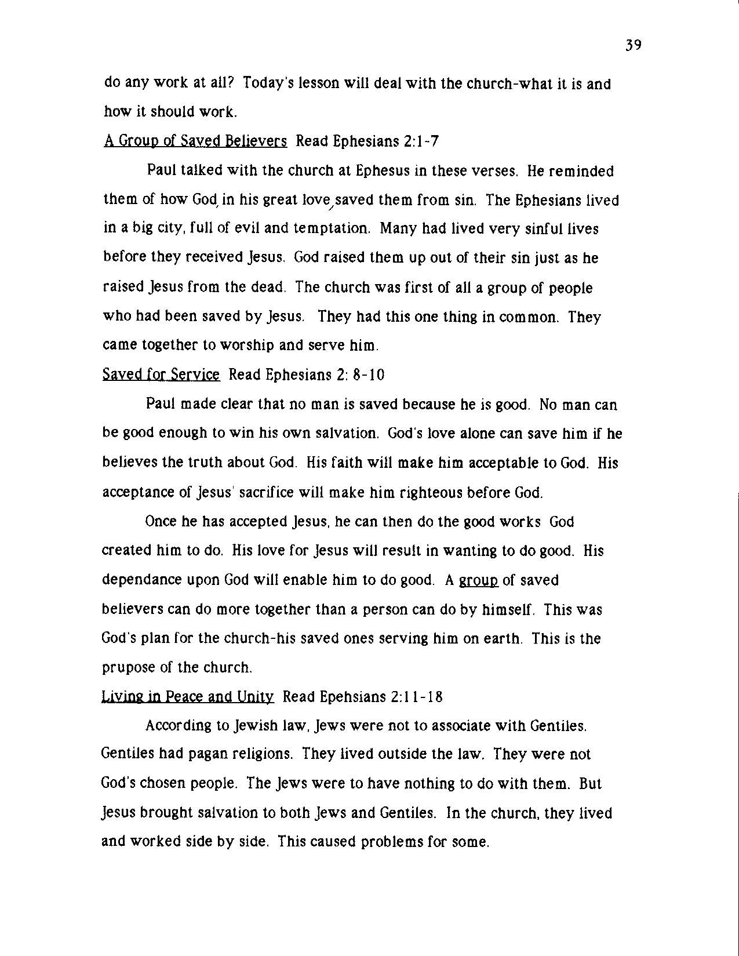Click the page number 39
click(633, 45)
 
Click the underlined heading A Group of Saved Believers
click(195, 141)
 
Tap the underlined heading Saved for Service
click(161, 375)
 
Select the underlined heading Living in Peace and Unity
click(187, 696)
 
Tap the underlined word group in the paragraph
click(478, 580)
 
